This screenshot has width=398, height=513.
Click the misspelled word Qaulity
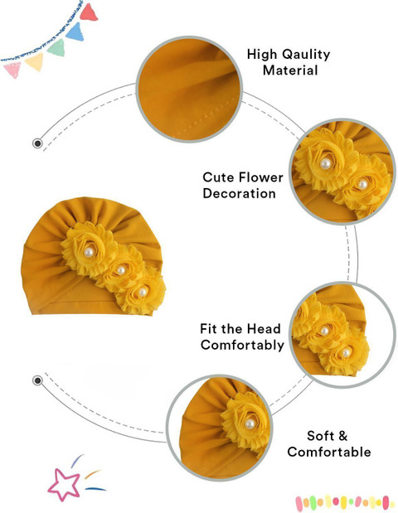coord(306,55)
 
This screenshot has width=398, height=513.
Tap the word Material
coord(290,70)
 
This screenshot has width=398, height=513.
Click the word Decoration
coord(240,193)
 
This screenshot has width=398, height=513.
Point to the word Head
coord(264,328)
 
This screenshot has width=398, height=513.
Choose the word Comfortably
coord(242,345)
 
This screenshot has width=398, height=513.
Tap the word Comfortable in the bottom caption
coord(329,452)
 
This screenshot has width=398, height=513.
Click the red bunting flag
coord(89,12)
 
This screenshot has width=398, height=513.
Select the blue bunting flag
coord(75,31)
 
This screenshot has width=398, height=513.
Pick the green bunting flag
coord(56,48)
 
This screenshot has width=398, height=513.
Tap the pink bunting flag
coord(12,70)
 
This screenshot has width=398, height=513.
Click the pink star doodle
coord(64,485)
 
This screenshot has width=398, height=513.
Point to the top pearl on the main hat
coord(89,252)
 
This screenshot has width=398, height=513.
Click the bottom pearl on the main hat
coord(143,293)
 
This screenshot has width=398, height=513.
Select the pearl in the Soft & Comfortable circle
coord(250,424)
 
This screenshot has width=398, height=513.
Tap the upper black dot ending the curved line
coord(37,143)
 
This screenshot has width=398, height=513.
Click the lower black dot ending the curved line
coord(37,381)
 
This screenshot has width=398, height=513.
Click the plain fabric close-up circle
coord(189,89)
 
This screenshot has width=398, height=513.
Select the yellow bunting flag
coord(34,61)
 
